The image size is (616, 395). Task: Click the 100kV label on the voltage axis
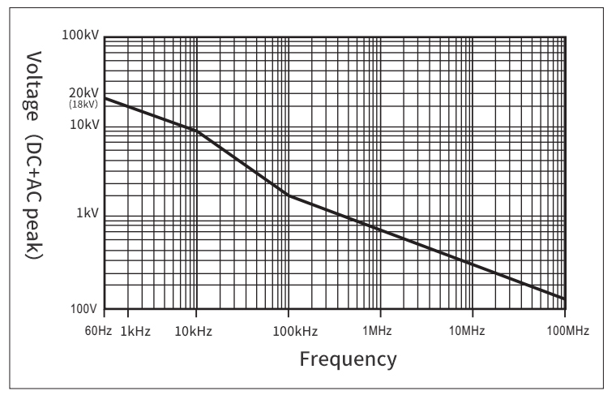coord(79,36)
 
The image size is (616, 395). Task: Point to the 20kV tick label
coord(84,93)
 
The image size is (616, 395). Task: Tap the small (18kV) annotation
coord(84,105)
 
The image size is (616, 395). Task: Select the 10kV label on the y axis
coord(84,124)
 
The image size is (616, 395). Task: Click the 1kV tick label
coord(88,213)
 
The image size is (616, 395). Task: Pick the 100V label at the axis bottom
coord(83,310)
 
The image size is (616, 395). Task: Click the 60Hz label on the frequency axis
coord(97,332)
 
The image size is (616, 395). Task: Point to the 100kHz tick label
coord(289,332)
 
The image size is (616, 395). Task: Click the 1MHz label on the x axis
coord(379,332)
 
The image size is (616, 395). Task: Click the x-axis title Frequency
coord(349,358)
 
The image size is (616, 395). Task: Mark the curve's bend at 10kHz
coord(196,131)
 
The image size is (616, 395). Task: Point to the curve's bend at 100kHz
coord(288,195)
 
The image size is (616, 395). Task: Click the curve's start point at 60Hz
coord(105,98)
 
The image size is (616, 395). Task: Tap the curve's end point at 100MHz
coord(564,298)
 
